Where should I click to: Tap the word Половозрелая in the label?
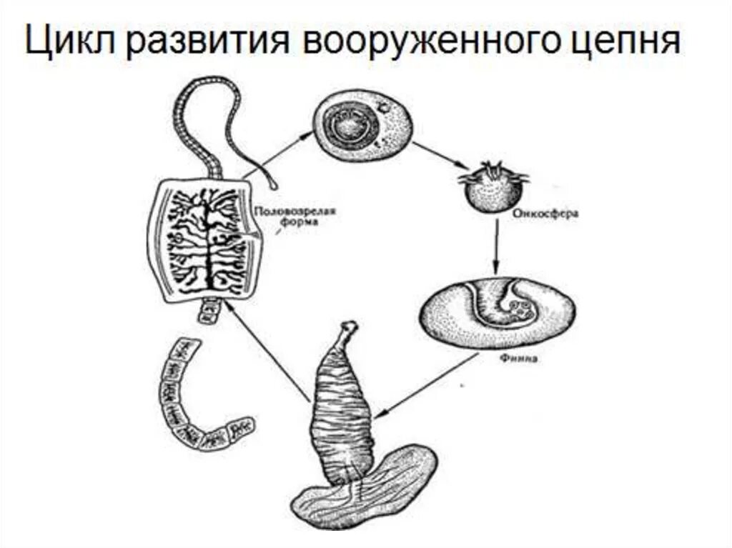coord(295,211)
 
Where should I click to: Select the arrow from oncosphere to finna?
coord(495,246)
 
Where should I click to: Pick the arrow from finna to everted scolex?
coord(425,386)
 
